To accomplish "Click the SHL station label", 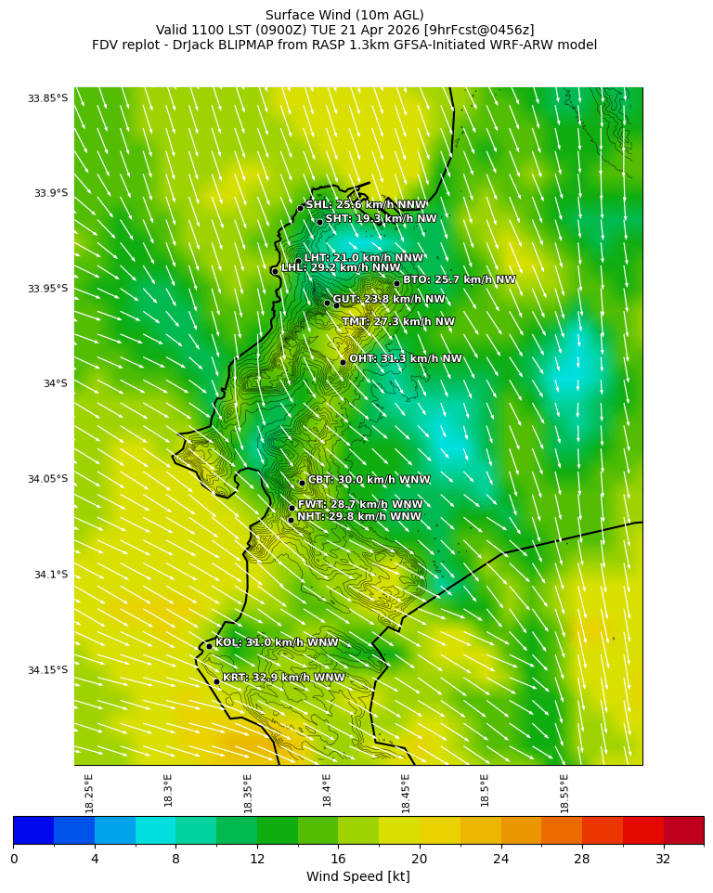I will click(366, 205).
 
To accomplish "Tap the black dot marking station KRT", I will click(216, 681).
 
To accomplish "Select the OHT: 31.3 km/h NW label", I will click(405, 359).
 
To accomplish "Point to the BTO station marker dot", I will click(396, 283).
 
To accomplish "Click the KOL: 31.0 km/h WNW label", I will click(277, 642).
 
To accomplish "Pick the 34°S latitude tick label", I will click(55, 383).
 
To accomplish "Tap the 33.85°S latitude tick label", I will click(47, 98).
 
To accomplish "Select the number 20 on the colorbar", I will click(419, 859).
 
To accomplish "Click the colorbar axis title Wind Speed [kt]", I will click(357, 876).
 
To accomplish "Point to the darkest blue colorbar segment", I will click(33, 830).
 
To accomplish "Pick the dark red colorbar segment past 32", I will click(683, 830).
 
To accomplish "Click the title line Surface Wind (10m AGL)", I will click(344, 15).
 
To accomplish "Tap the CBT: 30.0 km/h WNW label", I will click(369, 480).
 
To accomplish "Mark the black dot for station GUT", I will click(327, 303).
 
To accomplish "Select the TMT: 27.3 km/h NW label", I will click(398, 322).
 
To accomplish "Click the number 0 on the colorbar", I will click(14, 859).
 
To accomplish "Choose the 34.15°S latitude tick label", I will click(47, 670).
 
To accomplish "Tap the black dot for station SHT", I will click(319, 222).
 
